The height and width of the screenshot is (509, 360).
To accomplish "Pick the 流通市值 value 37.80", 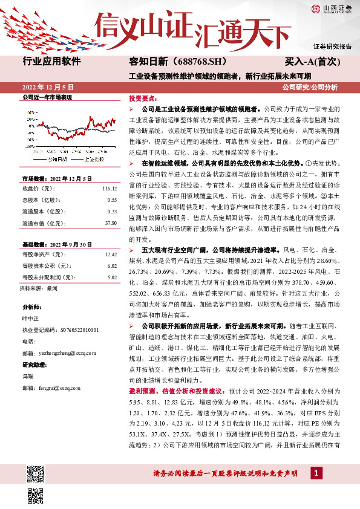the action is click(111, 222).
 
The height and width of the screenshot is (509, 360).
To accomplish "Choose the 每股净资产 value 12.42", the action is click(110, 255).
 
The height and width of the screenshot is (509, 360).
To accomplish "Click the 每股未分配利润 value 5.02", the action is click(111, 277).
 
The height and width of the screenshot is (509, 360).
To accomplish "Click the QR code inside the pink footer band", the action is click(36, 470).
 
